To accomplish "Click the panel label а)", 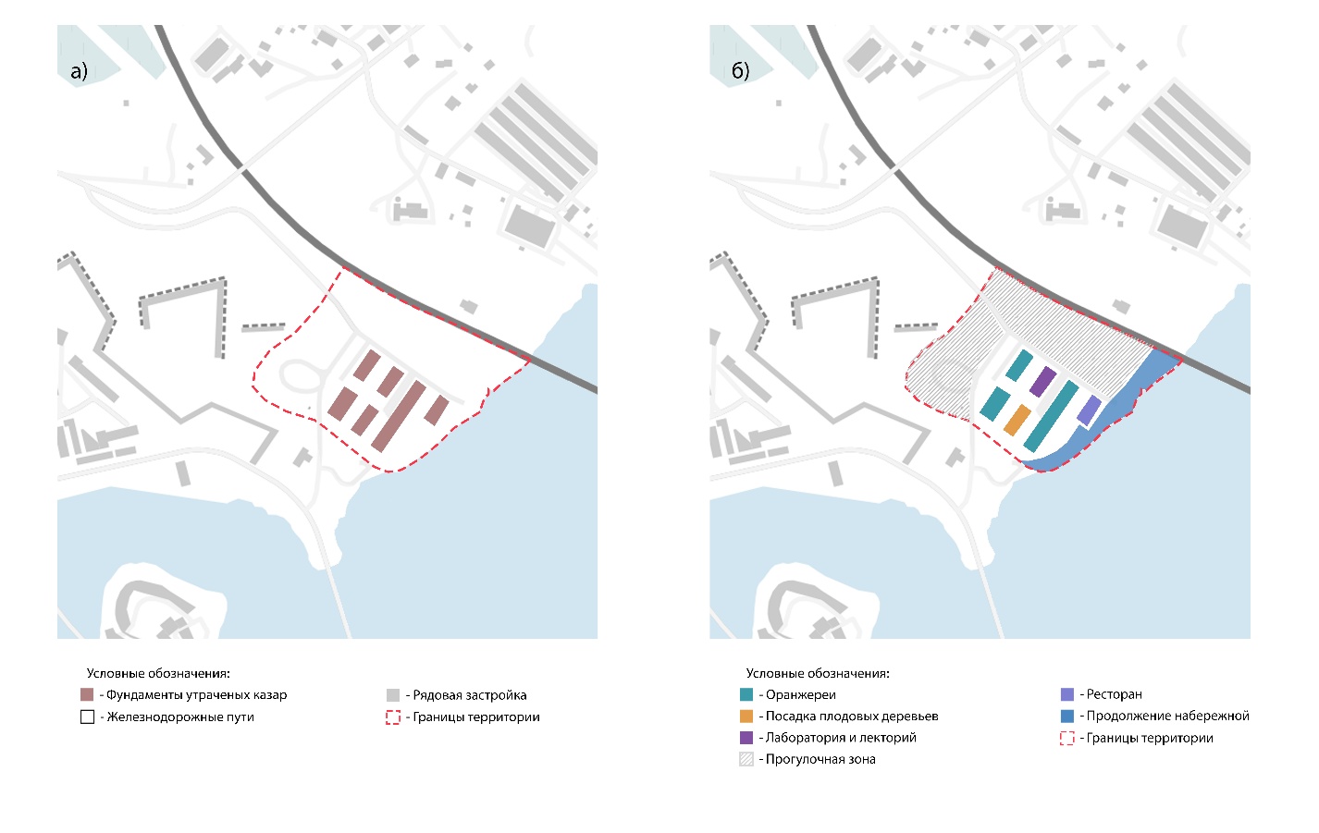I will pos(79,71).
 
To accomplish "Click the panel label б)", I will pos(740,71).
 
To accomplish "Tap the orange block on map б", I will pos(1017,420).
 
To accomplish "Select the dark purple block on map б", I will pos(1042,381).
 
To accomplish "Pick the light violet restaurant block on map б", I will pos(1089,410).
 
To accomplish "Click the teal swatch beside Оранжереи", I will pos(746,694).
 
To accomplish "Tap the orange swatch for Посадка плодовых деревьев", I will pos(746,716).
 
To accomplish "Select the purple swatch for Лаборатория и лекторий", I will pos(746,738).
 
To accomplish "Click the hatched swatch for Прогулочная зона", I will pos(746,759).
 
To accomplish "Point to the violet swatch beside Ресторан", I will pos(1067,694).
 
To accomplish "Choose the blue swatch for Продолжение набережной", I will pos(1067,716).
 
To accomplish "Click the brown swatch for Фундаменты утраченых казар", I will pos(87,694).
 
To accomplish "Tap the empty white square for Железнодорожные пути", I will pos(87,717).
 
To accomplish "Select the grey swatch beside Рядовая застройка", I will pos(393,695).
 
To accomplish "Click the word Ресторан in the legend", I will pos(1115,694).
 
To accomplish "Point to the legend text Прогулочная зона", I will pos(820,759).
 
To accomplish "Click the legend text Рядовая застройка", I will pos(470,695).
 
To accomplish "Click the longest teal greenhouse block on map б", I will pos(1051,416).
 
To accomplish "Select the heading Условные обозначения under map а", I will pos(158,673).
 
